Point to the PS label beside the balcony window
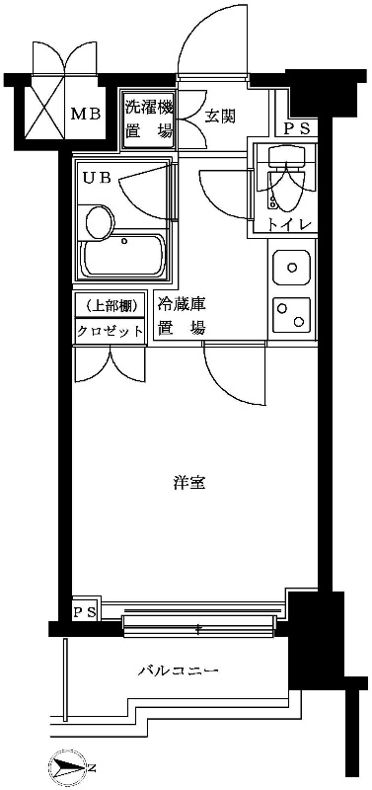[85, 612]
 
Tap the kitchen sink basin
[290, 267]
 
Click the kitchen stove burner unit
[290, 314]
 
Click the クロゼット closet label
[111, 331]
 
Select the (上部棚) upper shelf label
[111, 305]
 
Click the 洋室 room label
[189, 483]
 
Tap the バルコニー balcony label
[178, 671]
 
